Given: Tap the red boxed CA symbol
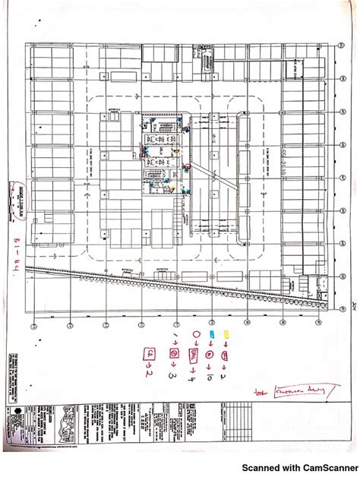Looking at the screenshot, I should click(x=150, y=353).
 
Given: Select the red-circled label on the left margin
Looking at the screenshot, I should click(x=17, y=200).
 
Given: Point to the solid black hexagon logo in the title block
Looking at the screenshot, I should click(x=16, y=415).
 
